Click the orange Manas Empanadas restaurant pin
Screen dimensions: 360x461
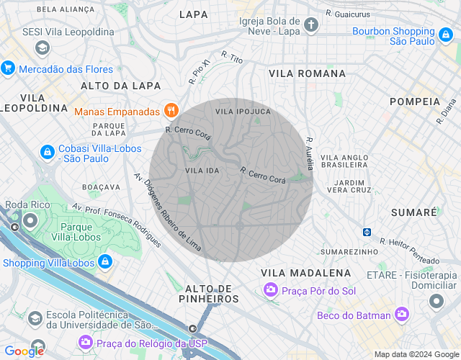pyautogui.click(x=171, y=111)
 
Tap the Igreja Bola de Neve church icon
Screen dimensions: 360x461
pyautogui.click(x=310, y=25)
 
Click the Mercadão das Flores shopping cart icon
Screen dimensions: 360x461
pyautogui.click(x=9, y=69)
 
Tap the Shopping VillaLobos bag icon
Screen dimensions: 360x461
pyautogui.click(x=105, y=262)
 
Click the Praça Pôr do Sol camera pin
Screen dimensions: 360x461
pyautogui.click(x=270, y=289)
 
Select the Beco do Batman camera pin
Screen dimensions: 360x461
pyautogui.click(x=401, y=315)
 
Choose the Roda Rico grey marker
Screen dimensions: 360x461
pyautogui.click(x=31, y=220)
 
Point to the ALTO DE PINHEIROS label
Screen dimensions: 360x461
pyautogui.click(x=207, y=293)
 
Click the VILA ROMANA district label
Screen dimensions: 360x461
pyautogui.click(x=307, y=73)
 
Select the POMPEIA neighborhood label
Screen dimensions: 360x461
pyautogui.click(x=414, y=102)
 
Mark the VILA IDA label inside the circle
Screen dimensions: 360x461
pyautogui.click(x=202, y=170)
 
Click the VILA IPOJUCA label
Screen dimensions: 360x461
pyautogui.click(x=243, y=112)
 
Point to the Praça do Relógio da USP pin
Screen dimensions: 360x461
pyautogui.click(x=86, y=342)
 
